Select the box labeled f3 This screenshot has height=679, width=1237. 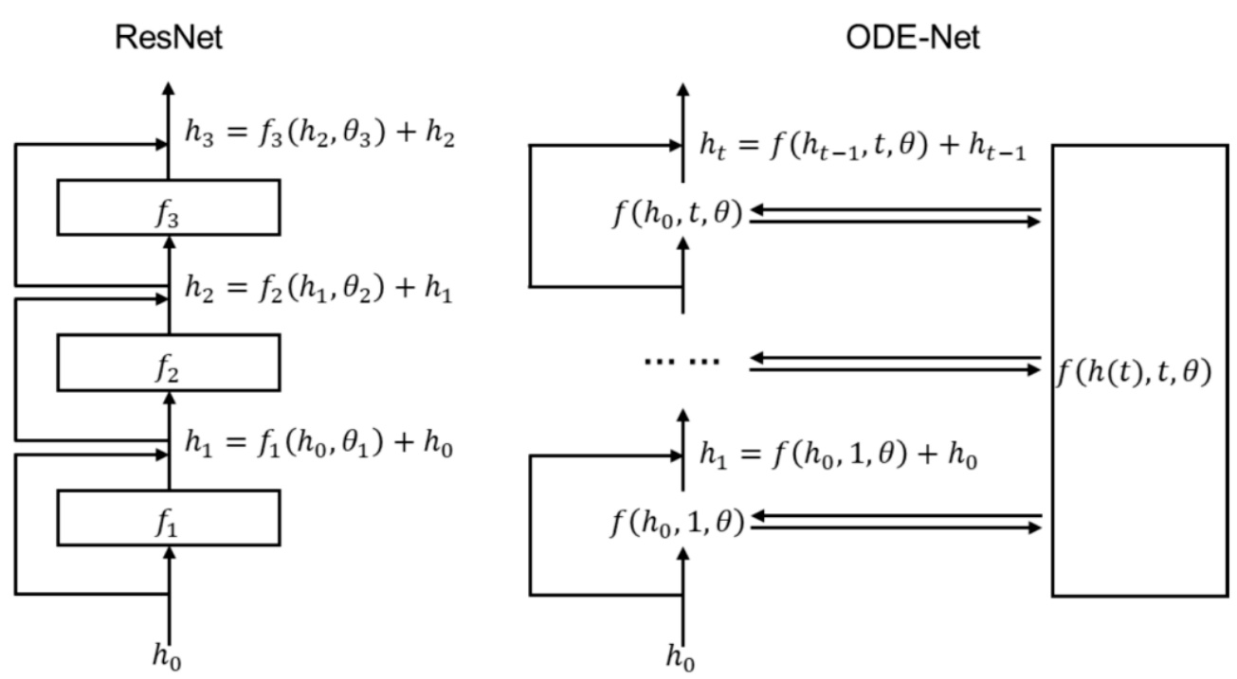(169, 207)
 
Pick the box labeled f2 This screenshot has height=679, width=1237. (169, 363)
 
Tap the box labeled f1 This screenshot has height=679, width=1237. (169, 518)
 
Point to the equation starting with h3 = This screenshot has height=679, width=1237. (319, 137)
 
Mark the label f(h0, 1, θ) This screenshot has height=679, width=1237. (675, 520)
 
